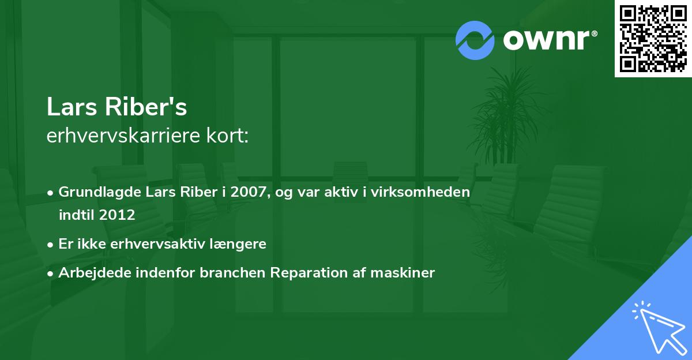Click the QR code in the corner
tap(653, 39)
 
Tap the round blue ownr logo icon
tap(475, 40)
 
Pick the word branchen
tap(232, 273)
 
